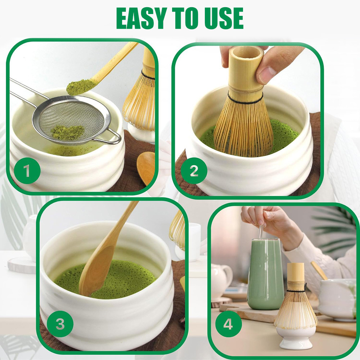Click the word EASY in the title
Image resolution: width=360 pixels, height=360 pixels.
[x=141, y=18]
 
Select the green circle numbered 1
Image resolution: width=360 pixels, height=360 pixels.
[x=27, y=171]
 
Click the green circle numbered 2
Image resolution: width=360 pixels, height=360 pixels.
[x=194, y=171]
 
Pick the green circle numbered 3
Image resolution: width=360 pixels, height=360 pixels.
[x=60, y=324]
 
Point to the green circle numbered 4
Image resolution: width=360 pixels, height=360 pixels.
[x=229, y=324]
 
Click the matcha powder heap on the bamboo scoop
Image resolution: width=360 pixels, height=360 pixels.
[x=80, y=87]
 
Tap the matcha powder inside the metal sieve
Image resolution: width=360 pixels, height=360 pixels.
[x=68, y=132]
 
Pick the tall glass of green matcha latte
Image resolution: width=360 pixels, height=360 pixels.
[x=266, y=274]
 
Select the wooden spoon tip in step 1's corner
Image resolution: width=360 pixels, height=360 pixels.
[x=146, y=168]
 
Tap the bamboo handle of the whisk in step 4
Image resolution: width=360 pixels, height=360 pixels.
[x=296, y=276]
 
